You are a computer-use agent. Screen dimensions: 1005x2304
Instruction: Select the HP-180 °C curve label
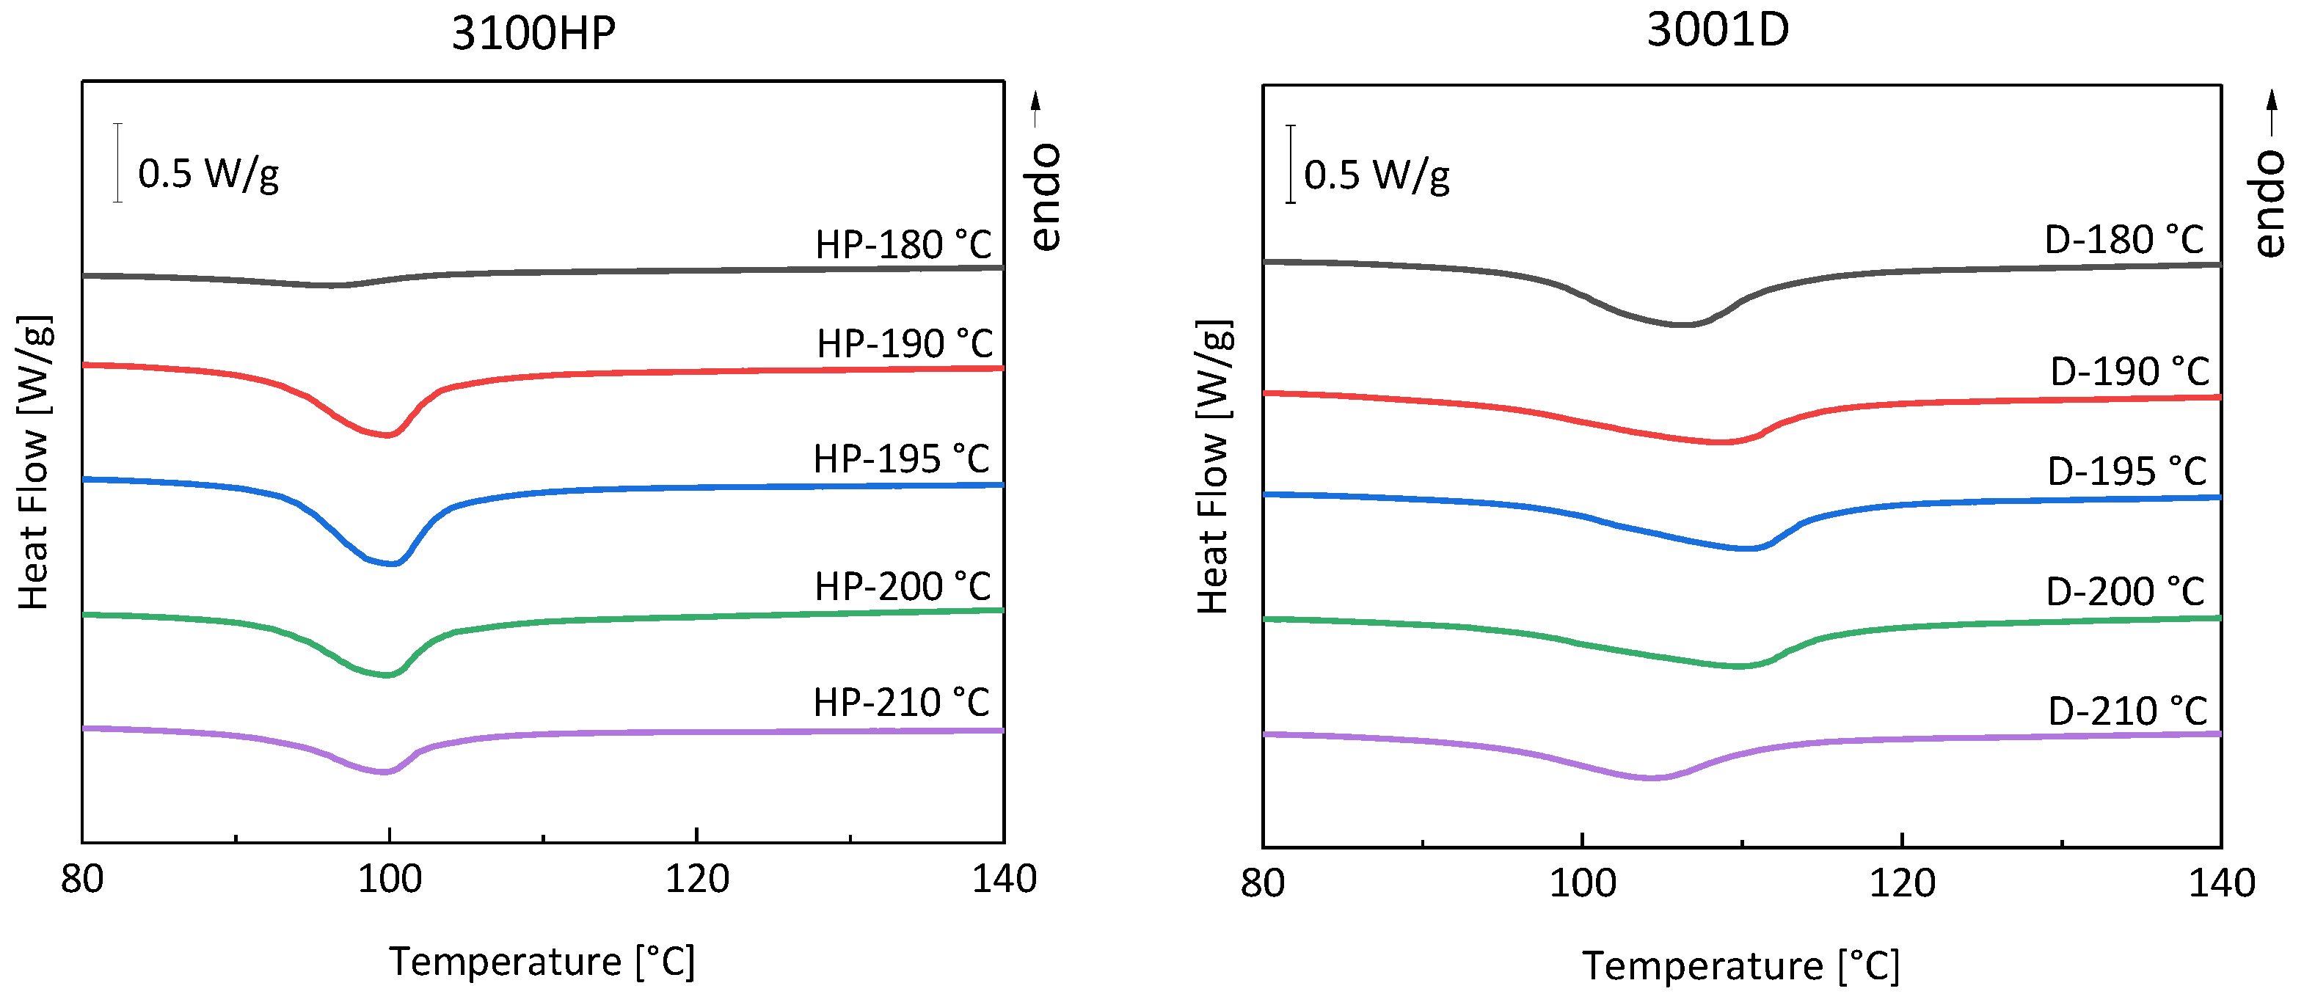click(903, 245)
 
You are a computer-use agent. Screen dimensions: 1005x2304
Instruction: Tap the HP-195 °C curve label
click(900, 458)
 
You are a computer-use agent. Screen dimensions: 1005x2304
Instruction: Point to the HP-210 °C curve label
click(900, 703)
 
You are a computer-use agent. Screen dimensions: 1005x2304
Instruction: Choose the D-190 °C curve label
click(2129, 371)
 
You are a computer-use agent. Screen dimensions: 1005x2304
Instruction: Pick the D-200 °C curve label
click(2125, 592)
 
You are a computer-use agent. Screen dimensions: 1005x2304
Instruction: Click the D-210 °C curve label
click(2127, 712)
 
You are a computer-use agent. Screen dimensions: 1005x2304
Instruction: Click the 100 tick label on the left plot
click(389, 880)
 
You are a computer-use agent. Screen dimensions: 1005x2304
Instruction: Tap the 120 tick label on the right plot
click(1901, 884)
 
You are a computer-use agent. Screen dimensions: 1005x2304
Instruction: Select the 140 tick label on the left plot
click(1004, 880)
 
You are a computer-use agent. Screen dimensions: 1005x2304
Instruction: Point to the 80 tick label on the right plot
click(1262, 884)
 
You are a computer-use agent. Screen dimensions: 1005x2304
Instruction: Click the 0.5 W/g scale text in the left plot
click(208, 173)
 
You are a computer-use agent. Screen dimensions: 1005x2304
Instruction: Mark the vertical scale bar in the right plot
click(1290, 164)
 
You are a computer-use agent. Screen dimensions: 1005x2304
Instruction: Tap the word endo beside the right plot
click(2268, 204)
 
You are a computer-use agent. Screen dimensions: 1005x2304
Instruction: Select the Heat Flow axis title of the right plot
click(1214, 466)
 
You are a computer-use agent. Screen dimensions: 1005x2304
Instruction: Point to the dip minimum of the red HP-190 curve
click(387, 436)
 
